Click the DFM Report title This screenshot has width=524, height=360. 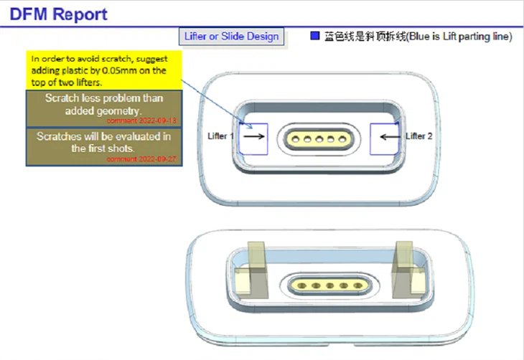click(59, 14)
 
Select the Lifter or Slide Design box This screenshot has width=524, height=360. click(230, 37)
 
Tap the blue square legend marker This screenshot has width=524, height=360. click(314, 35)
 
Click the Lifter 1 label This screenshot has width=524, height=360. click(220, 136)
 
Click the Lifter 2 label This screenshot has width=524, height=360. click(418, 136)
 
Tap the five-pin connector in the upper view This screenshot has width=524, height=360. click(319, 137)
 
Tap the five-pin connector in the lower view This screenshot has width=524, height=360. click(322, 285)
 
